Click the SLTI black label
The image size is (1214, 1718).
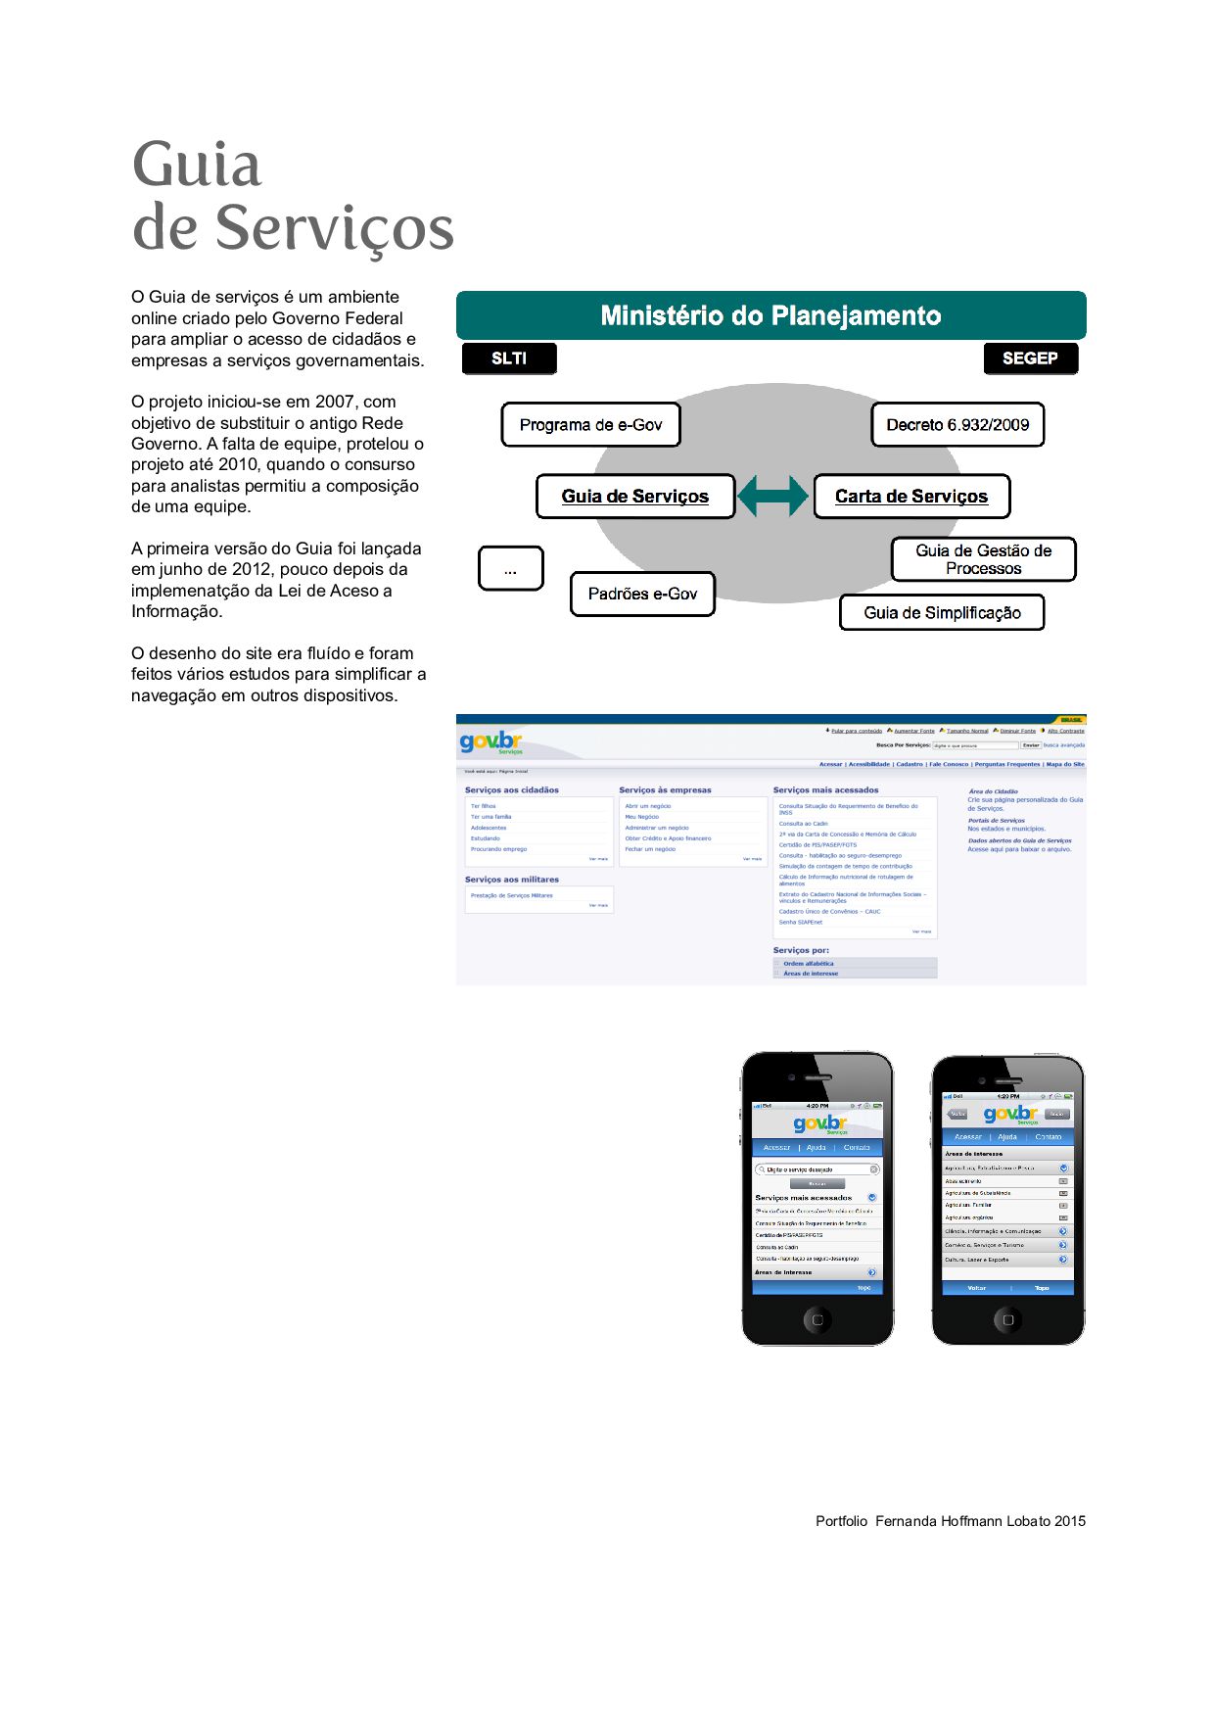click(x=509, y=358)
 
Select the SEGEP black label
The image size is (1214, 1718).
click(x=1030, y=358)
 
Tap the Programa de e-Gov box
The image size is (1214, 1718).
click(x=590, y=425)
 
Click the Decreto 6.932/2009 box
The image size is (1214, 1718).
click(x=957, y=425)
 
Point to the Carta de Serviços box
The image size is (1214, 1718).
click(x=911, y=497)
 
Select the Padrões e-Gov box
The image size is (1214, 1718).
click(x=642, y=595)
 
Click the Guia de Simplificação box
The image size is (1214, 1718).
click(x=942, y=613)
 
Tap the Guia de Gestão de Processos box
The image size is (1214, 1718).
click(x=983, y=559)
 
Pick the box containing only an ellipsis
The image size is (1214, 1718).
click(x=510, y=569)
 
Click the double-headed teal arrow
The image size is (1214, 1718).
click(x=773, y=496)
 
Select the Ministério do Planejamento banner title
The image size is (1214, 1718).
click(x=770, y=315)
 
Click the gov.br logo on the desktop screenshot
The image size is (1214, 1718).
click(x=491, y=741)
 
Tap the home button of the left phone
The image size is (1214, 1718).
click(x=817, y=1319)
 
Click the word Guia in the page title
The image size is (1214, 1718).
click(x=197, y=165)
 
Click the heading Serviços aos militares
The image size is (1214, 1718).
click(x=512, y=880)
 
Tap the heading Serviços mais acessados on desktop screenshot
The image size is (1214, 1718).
click(x=826, y=790)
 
